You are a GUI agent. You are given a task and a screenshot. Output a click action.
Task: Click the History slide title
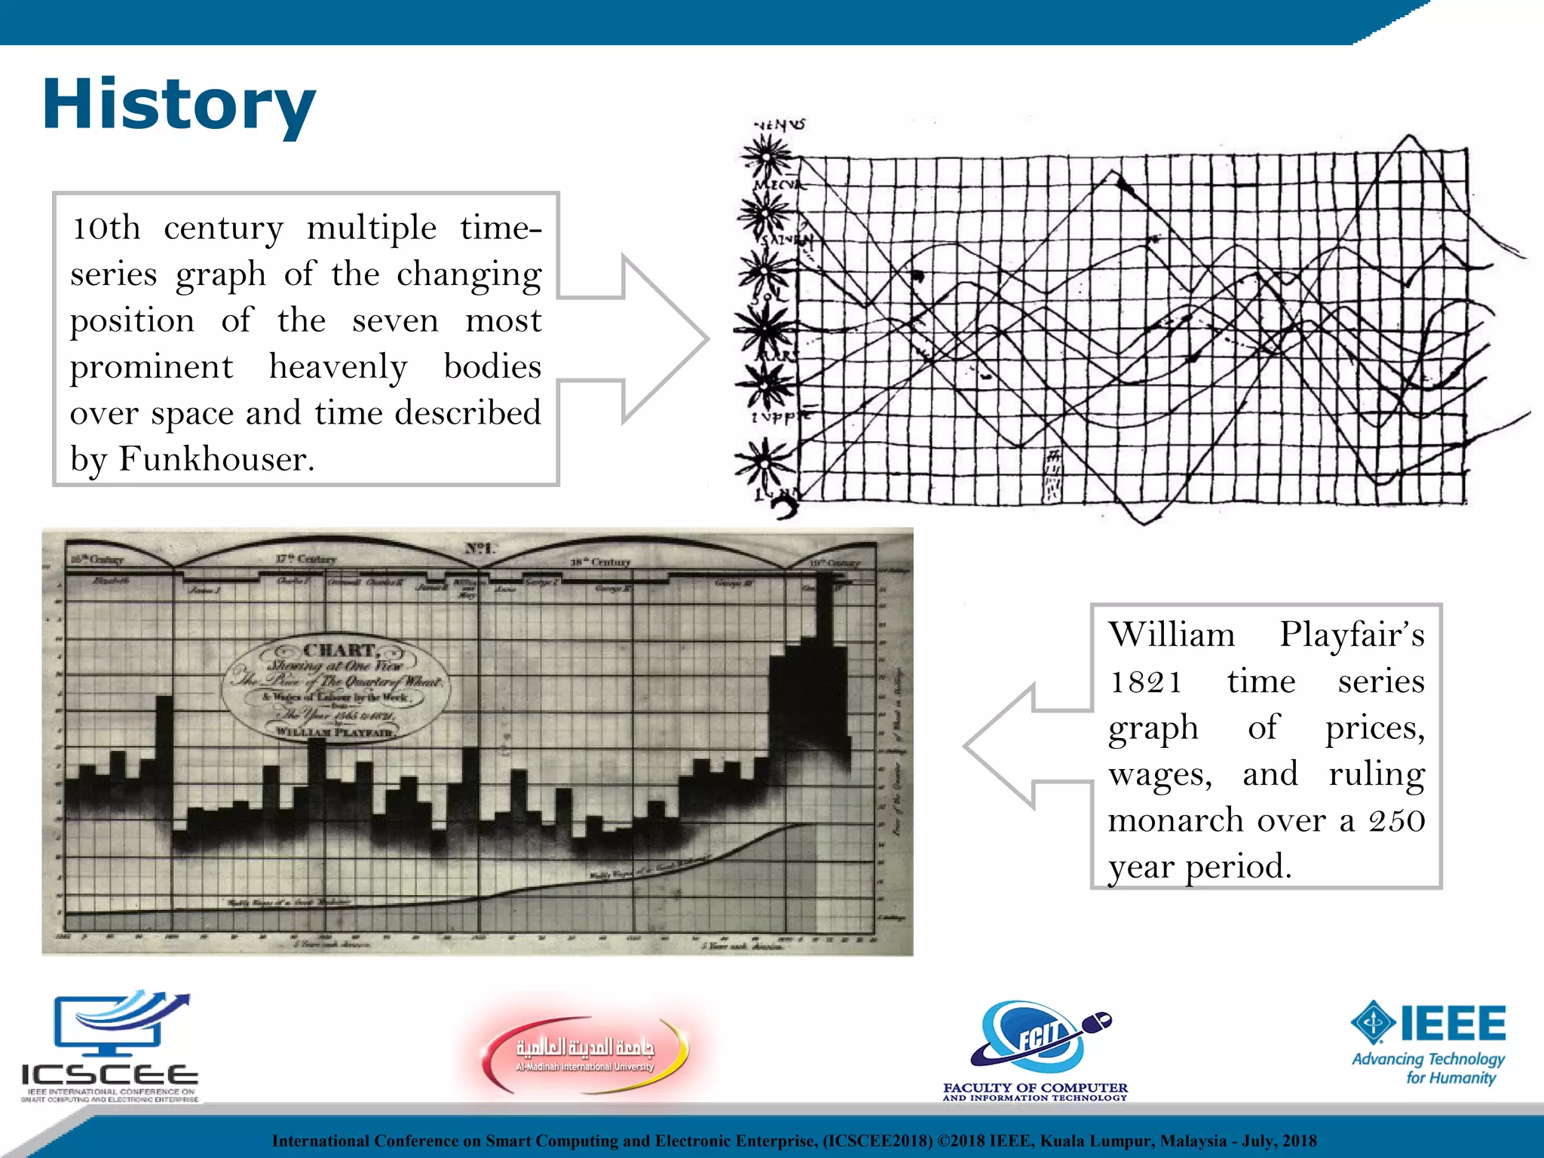tap(179, 106)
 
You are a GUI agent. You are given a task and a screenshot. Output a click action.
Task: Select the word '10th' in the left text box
tap(106, 228)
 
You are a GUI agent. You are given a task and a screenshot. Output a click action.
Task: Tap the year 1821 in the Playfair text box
tap(1144, 682)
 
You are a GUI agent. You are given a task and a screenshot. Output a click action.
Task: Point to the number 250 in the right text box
tap(1396, 820)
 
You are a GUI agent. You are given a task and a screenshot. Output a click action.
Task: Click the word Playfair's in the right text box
tap(1352, 635)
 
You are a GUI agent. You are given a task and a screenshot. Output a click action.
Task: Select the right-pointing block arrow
tap(633, 339)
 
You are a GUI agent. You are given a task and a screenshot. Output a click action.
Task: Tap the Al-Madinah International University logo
tap(585, 1052)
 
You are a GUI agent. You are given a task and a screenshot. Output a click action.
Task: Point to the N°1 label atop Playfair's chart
tap(479, 548)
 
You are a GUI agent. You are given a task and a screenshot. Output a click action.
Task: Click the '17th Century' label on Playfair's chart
tap(305, 559)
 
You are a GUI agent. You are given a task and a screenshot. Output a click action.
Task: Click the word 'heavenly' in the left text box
tap(339, 367)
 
